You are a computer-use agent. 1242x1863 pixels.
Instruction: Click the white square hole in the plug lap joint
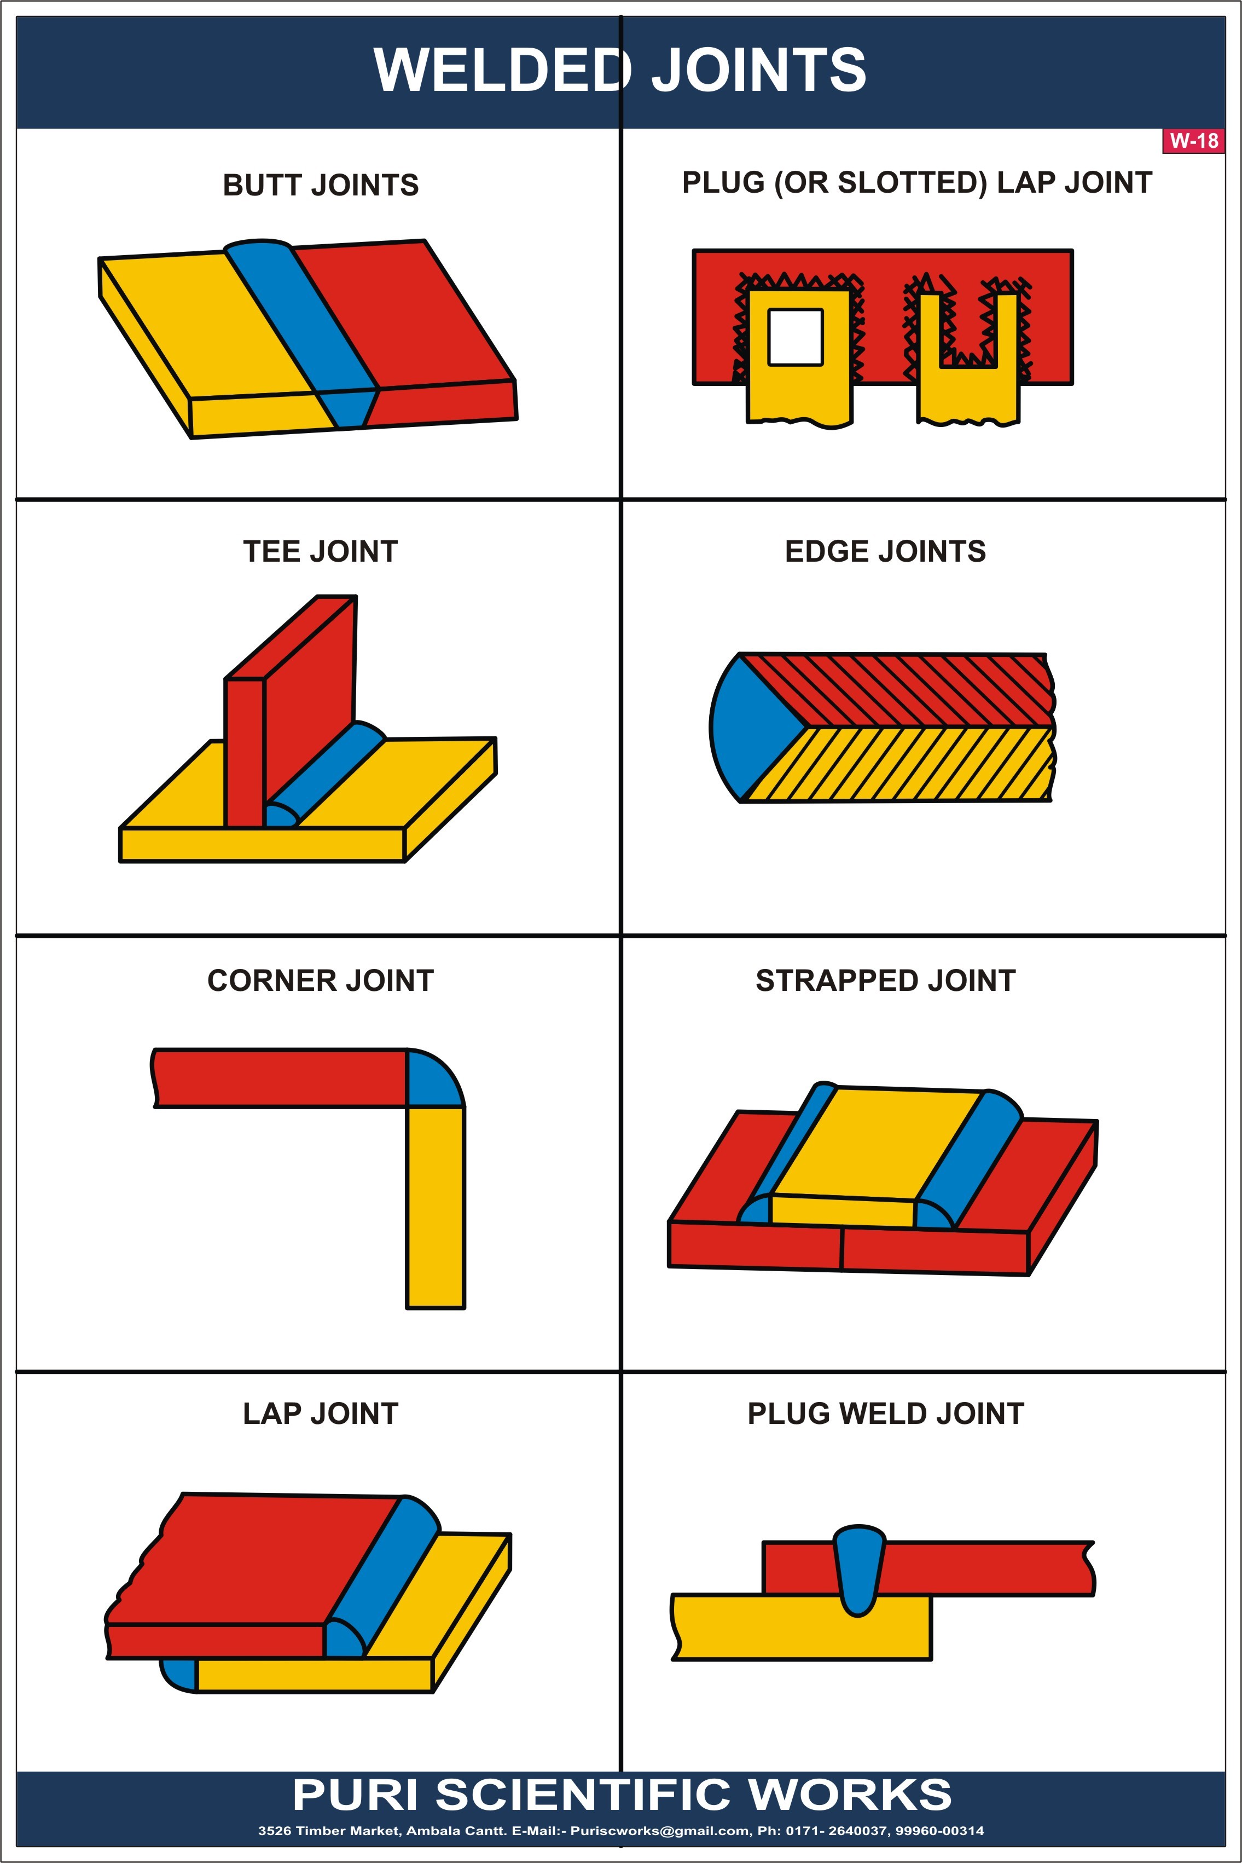point(795,337)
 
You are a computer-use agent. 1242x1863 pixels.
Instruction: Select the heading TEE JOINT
point(320,551)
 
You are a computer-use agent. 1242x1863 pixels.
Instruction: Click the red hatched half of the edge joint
point(911,689)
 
